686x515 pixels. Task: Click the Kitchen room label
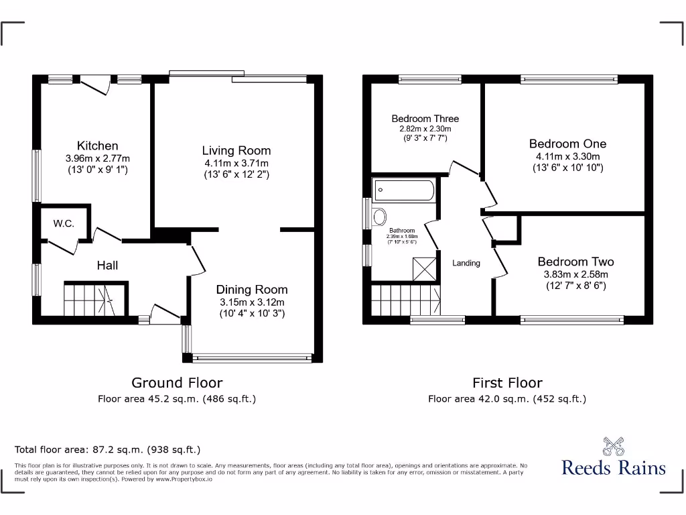[x=97, y=146]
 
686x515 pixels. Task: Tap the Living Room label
[x=236, y=151]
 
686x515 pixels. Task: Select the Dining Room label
[x=252, y=290]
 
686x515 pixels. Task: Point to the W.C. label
[x=64, y=223]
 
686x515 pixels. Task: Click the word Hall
[x=107, y=266]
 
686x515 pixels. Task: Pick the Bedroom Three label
[x=425, y=119]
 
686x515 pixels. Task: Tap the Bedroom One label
[x=567, y=144]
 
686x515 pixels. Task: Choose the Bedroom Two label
[x=575, y=262]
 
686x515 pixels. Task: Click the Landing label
[x=466, y=263]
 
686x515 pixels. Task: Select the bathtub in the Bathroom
[x=404, y=190]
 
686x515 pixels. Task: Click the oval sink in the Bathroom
[x=379, y=217]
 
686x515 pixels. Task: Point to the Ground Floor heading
[x=177, y=383]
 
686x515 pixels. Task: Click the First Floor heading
[x=507, y=383]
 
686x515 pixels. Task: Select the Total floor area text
[x=108, y=449]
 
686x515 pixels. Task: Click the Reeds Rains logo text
[x=614, y=467]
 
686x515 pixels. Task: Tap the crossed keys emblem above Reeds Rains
[x=613, y=445]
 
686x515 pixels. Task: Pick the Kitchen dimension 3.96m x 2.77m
[x=98, y=158]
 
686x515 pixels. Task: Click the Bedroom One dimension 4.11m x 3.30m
[x=568, y=156]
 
